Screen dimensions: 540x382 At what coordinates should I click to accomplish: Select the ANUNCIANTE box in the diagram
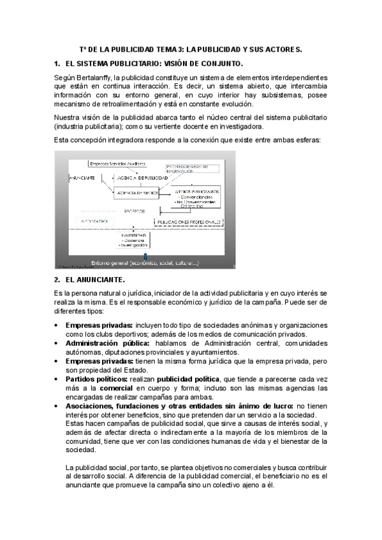click(x=81, y=178)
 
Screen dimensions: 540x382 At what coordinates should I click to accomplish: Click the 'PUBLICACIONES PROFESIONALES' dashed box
click(x=193, y=222)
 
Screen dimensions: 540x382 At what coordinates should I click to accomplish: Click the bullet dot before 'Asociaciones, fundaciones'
click(x=57, y=406)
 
